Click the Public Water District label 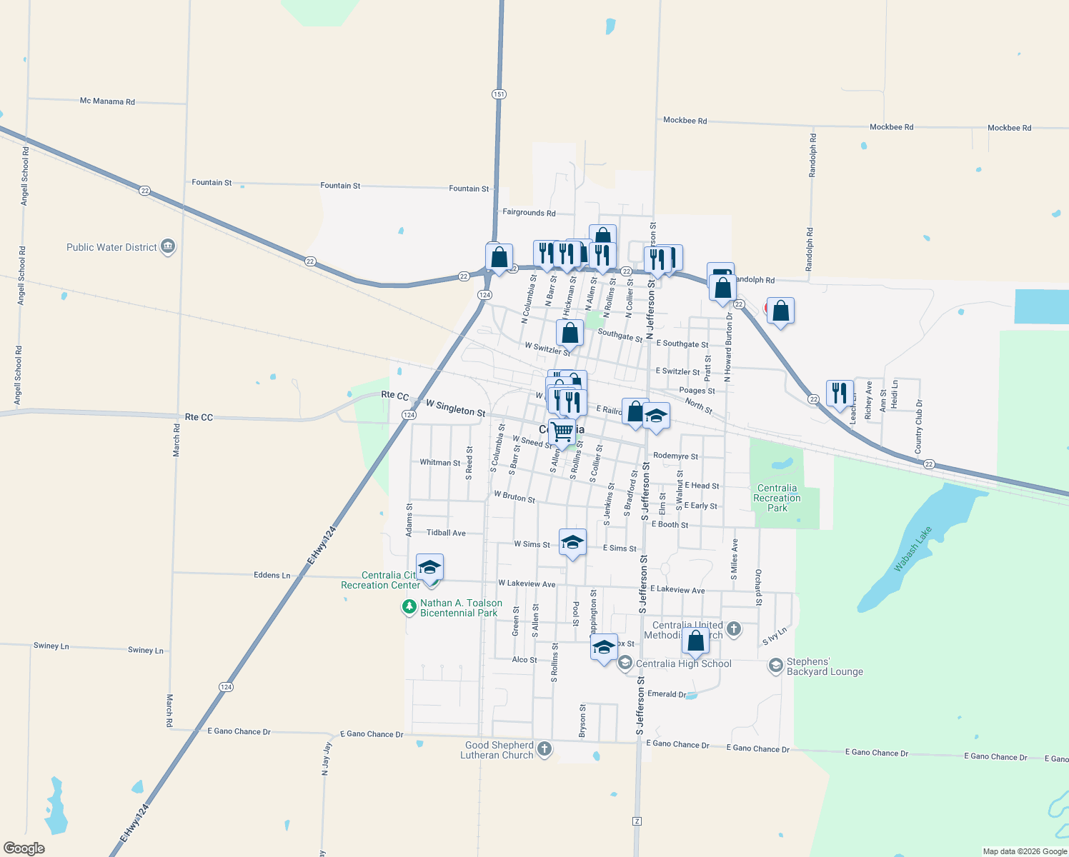point(111,247)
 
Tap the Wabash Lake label point(913,548)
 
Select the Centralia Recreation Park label point(777,498)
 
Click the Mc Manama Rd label point(107,101)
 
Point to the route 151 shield point(499,94)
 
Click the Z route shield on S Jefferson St point(637,821)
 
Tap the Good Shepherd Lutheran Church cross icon point(545,748)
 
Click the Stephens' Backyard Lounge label point(825,666)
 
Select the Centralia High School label point(683,663)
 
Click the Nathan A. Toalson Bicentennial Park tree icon point(409,607)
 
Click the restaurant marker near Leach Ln point(840,393)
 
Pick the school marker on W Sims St point(572,543)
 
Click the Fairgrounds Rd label point(529,212)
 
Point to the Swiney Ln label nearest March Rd point(146,650)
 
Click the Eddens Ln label point(272,575)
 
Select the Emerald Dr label point(667,693)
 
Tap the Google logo point(24,848)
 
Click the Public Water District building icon point(168,247)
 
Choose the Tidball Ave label point(446,533)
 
